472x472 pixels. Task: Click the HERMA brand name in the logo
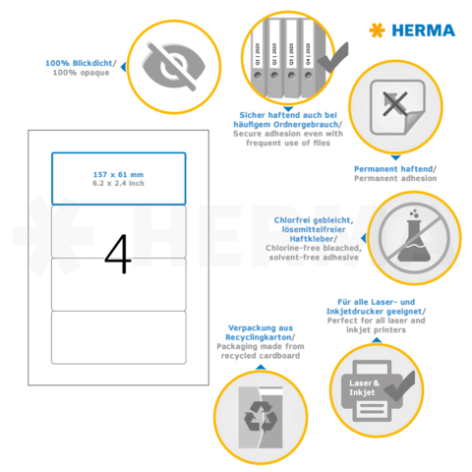pos(424,30)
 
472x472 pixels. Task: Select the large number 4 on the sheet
pos(118,253)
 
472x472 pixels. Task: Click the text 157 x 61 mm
pos(117,173)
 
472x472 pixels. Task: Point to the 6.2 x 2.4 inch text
pos(117,184)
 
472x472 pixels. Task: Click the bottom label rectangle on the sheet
pos(118,337)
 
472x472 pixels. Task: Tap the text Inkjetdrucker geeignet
pos(379,312)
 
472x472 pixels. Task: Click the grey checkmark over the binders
pos(328,55)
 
